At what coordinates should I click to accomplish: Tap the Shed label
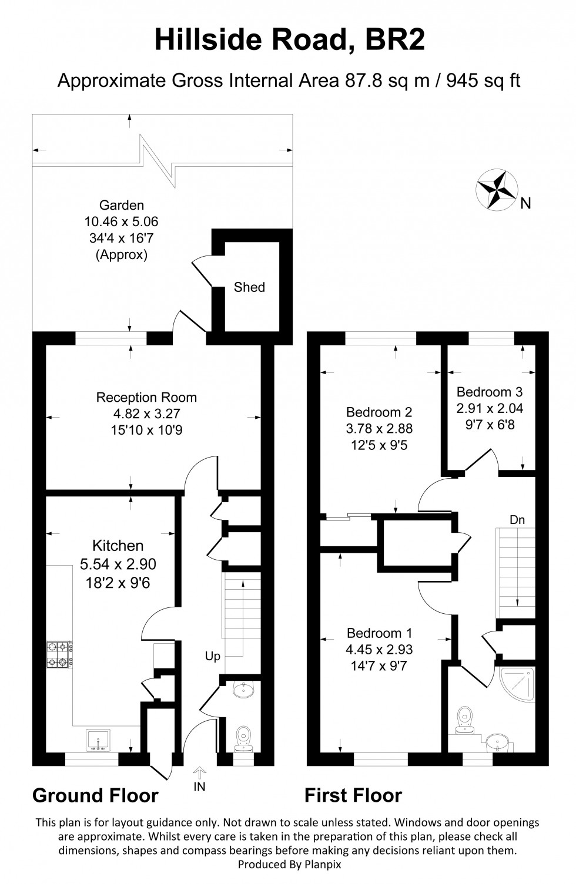click(x=249, y=287)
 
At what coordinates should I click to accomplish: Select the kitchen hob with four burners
click(x=60, y=654)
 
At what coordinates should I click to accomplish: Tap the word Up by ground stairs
click(x=213, y=656)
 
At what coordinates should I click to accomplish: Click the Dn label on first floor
click(x=517, y=520)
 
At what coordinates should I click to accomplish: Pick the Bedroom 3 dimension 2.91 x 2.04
click(x=490, y=408)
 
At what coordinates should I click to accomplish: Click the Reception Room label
click(x=146, y=398)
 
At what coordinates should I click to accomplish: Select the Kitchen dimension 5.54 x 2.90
click(x=118, y=564)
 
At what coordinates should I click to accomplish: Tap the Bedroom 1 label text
click(x=379, y=633)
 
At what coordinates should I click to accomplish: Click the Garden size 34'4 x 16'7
click(x=122, y=238)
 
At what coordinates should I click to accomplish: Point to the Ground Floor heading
click(x=95, y=795)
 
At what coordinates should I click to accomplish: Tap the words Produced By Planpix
click(x=289, y=865)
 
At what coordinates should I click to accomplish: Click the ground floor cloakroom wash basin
click(x=243, y=690)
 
